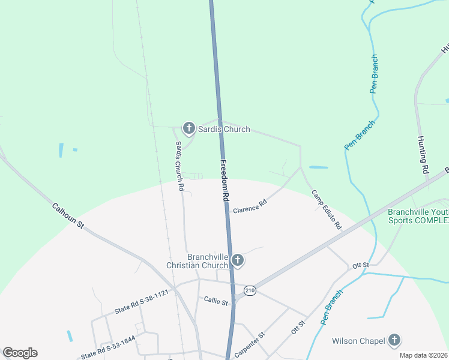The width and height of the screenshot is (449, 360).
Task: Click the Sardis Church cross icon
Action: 188,128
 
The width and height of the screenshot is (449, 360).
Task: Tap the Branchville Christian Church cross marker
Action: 238,260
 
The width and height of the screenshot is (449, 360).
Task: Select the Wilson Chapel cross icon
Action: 394,341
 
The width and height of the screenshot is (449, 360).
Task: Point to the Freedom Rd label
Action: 224,180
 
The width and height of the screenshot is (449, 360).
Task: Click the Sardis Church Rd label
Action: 179,166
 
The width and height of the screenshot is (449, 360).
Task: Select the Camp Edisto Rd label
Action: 327,210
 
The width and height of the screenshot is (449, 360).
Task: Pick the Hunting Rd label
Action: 423,155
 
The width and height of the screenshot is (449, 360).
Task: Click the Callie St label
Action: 216,301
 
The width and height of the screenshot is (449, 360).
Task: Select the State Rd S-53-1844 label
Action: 109,347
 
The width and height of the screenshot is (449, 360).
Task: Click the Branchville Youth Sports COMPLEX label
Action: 418,216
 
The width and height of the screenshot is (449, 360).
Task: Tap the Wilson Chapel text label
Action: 358,341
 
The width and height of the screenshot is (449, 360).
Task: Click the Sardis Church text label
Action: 223,129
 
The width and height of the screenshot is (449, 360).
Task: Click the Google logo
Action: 20,353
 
